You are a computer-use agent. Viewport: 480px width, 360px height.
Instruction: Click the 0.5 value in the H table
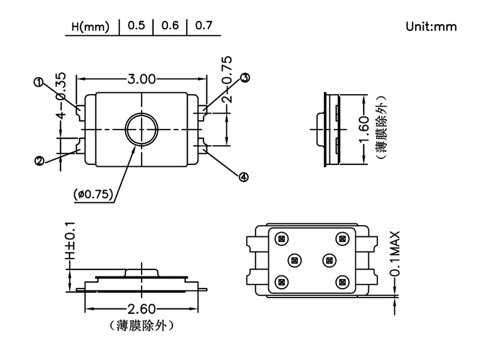pos(136,26)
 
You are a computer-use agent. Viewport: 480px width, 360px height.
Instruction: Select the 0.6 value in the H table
pos(170,26)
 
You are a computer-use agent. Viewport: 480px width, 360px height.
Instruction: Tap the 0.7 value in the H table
pos(204,26)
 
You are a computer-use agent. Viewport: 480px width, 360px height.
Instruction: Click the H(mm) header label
pos(91,27)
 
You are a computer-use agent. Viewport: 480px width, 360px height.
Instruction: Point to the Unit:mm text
pos(431,26)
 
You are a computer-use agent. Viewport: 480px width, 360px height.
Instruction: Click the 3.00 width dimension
pos(142,79)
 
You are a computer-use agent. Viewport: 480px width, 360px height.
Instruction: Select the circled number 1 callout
pos(39,83)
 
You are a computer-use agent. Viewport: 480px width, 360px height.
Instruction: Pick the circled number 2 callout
pos(39,160)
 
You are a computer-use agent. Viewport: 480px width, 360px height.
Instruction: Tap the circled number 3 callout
pos(245,77)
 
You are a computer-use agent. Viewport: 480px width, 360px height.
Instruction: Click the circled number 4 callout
pos(244,176)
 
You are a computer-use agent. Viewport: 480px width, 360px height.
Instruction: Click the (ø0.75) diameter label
pos(93,194)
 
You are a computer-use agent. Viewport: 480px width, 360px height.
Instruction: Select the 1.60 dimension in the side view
pos(364,129)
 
